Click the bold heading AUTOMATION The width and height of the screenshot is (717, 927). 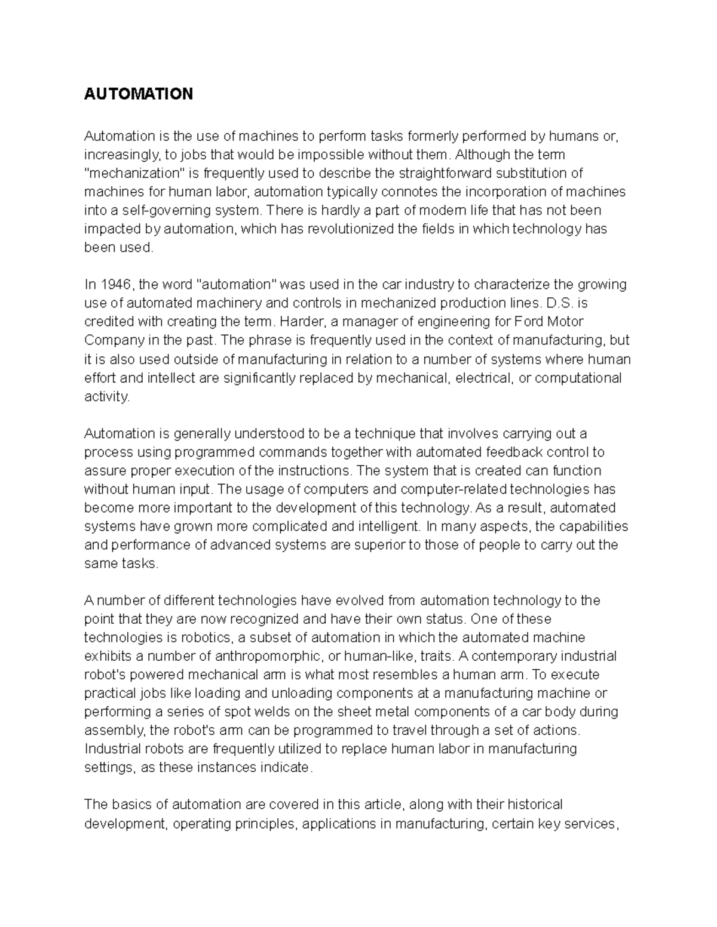tap(139, 94)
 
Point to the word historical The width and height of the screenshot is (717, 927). tap(534, 805)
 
